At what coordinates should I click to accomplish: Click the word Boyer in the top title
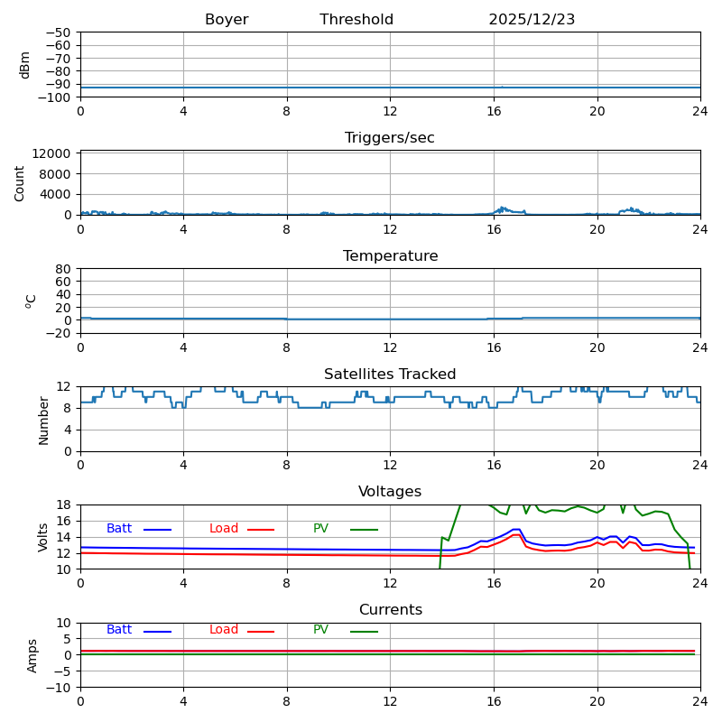click(x=227, y=20)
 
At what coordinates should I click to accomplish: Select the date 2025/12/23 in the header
click(x=532, y=20)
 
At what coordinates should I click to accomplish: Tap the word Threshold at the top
click(x=356, y=20)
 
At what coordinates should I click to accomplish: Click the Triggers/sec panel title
click(x=390, y=138)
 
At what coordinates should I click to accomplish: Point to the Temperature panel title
click(x=390, y=256)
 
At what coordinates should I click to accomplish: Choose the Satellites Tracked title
click(x=390, y=375)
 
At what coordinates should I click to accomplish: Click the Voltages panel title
click(x=390, y=492)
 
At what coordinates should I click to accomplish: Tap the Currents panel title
click(x=390, y=610)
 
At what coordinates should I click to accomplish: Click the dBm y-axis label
click(x=25, y=65)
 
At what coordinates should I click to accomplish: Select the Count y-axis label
click(x=20, y=182)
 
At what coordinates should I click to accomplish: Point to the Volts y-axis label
click(x=43, y=537)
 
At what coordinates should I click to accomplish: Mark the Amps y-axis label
click(x=32, y=655)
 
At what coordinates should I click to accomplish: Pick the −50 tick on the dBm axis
click(x=59, y=32)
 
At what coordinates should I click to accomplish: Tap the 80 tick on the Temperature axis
click(x=64, y=269)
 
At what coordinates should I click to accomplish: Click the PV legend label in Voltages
click(x=320, y=529)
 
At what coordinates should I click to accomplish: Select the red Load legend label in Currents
click(x=224, y=630)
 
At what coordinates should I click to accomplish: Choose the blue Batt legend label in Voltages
click(x=119, y=529)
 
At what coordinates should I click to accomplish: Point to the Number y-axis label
click(x=44, y=420)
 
